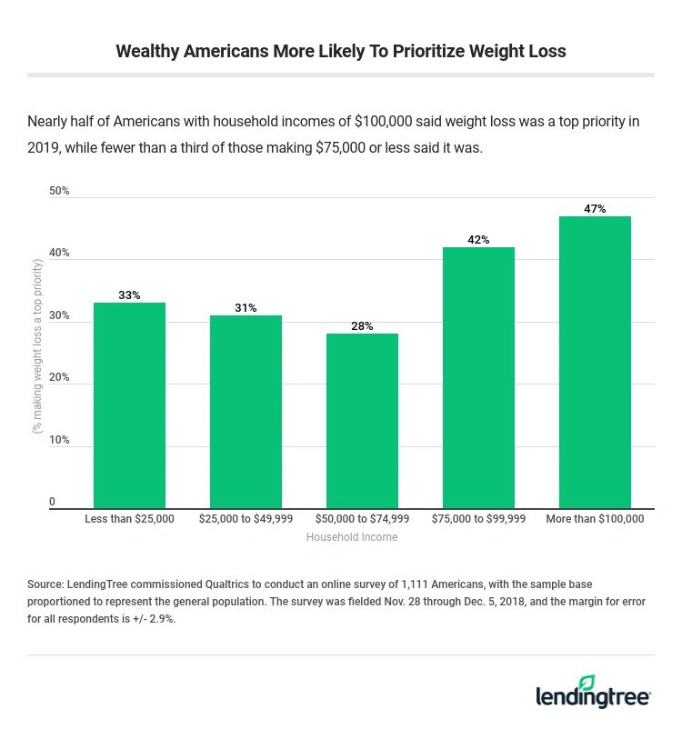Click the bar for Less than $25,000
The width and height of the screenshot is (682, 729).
click(129, 405)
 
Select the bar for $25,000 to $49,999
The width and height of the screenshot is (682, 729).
click(246, 412)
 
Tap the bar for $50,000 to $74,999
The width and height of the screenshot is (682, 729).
click(362, 421)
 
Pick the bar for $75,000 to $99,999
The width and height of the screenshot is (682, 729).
click(478, 377)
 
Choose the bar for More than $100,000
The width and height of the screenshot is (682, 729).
click(595, 362)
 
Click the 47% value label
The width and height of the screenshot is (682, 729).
click(595, 209)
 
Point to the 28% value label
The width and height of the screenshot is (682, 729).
click(362, 326)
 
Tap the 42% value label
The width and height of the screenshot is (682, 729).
click(478, 240)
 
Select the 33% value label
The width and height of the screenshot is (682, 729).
click(129, 295)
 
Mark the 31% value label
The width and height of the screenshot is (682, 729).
click(246, 308)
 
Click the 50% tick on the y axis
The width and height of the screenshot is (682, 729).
click(59, 191)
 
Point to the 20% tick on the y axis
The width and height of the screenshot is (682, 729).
click(59, 378)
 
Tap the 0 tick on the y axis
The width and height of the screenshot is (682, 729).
click(52, 502)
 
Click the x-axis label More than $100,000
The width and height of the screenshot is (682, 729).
click(595, 519)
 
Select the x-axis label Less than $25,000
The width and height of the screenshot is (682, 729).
click(129, 519)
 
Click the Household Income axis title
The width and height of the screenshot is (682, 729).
click(351, 537)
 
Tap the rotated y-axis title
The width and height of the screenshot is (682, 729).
click(37, 345)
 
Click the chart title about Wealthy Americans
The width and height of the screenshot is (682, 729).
click(340, 51)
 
